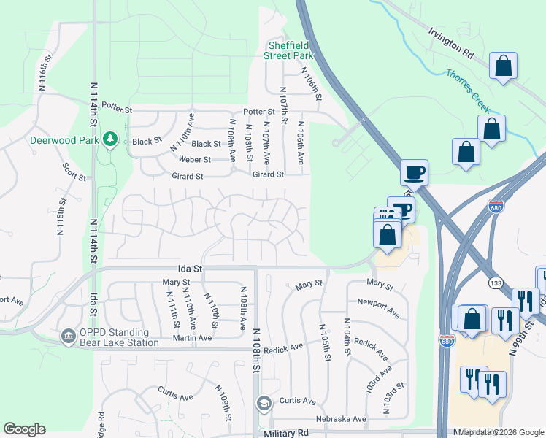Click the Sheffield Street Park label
tap(289, 50)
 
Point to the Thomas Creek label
tap(467, 90)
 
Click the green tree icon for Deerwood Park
tap(110, 139)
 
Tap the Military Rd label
tap(287, 433)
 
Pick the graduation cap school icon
tap(264, 403)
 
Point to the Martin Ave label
tap(192, 337)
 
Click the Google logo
tap(24, 429)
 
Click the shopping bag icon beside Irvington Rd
tap(503, 66)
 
